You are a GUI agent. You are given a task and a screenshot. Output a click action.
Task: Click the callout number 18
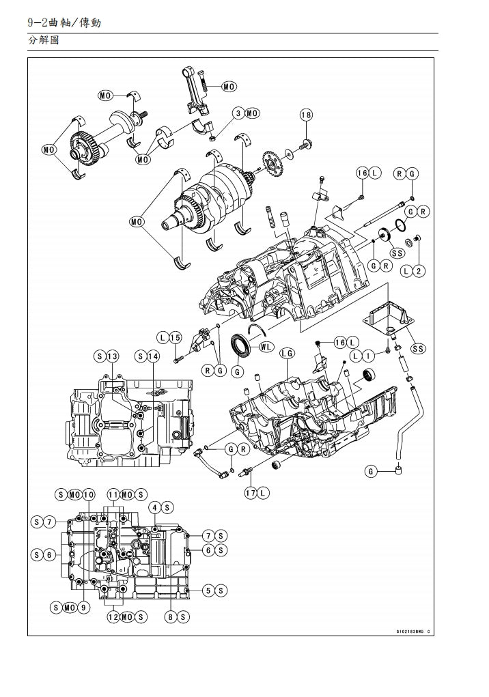(306, 115)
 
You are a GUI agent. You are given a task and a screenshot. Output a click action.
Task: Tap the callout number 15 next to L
(175, 337)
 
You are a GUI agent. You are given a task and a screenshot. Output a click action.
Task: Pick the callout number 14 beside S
(154, 356)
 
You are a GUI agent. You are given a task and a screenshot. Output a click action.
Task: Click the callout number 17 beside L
(251, 492)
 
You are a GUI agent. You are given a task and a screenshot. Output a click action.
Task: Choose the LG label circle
(287, 353)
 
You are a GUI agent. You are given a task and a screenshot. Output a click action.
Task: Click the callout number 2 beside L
(419, 271)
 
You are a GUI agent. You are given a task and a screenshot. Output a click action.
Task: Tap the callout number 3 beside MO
(238, 113)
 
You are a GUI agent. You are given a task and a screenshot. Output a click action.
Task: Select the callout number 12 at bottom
(113, 617)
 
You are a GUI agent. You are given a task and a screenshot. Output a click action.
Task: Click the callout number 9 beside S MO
(84, 608)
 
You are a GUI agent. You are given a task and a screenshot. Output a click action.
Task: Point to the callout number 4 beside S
(155, 507)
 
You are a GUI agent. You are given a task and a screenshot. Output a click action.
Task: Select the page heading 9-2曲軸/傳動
(66, 23)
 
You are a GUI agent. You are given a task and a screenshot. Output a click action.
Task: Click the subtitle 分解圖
(43, 41)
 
